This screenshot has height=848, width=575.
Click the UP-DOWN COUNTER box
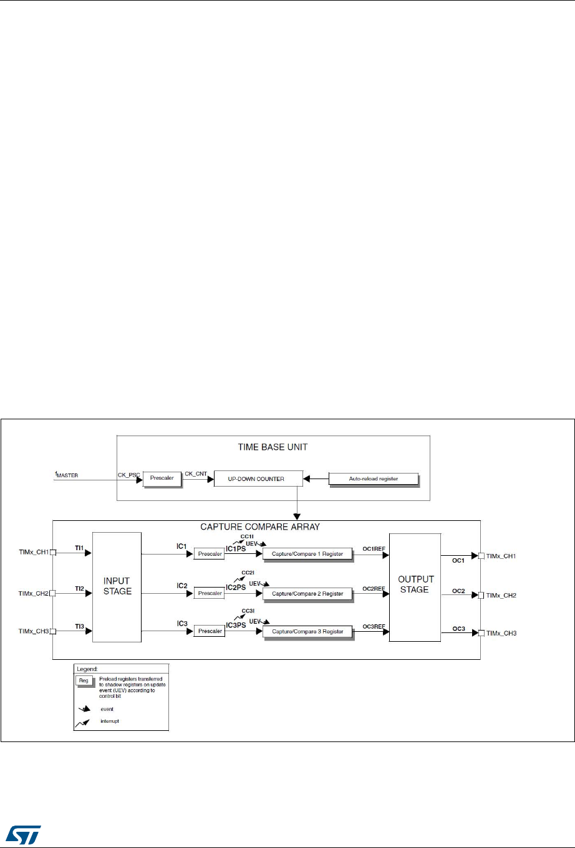coord(258,479)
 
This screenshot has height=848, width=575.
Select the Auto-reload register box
coord(372,479)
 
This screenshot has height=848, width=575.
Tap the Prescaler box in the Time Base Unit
coord(161,479)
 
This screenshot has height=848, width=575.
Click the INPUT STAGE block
coord(117,586)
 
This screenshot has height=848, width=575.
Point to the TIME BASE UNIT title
coord(273,447)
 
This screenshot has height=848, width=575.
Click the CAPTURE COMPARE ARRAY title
coord(260,526)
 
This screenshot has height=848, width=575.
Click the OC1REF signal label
coord(374,548)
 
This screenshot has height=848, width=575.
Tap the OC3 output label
coord(459,629)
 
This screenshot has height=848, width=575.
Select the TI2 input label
coord(80,588)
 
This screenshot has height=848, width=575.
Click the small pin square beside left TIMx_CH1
coord(53,552)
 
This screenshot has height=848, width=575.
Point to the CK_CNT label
coord(196,474)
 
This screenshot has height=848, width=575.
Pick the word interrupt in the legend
coord(110,721)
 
